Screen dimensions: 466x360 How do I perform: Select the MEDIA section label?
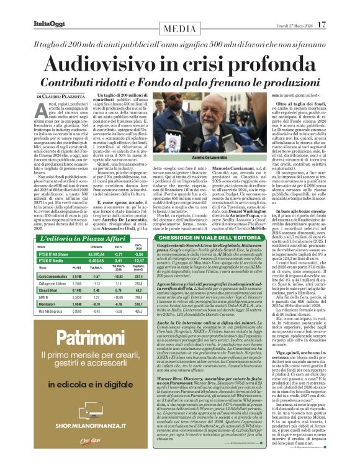click(180, 28)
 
